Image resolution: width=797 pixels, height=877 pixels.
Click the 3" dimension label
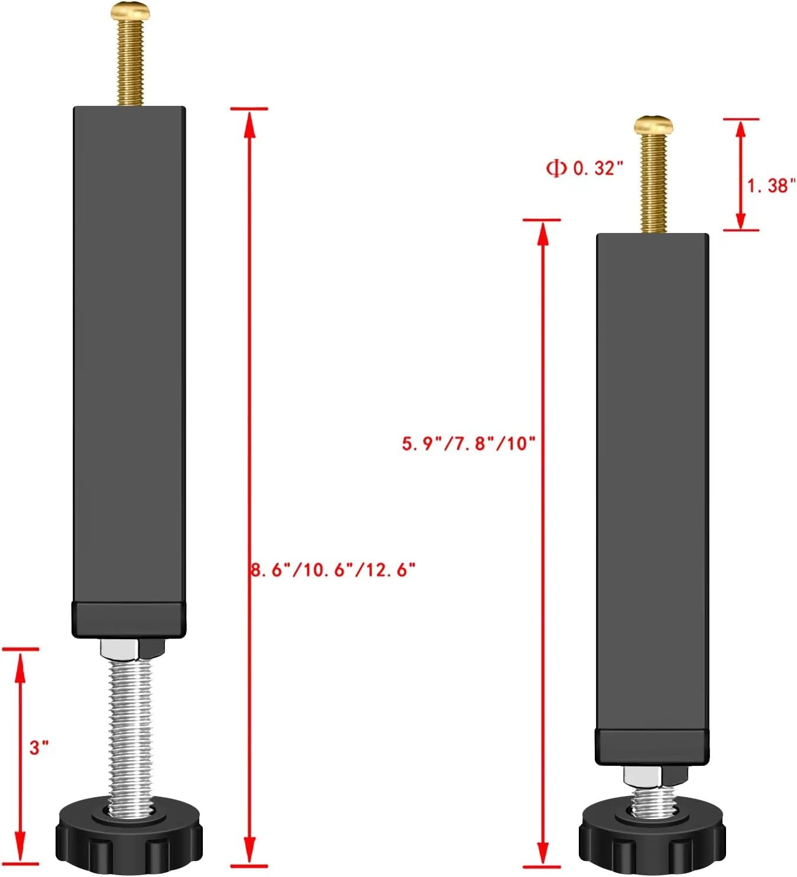click(39, 747)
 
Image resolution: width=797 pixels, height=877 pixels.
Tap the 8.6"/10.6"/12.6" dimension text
click(333, 570)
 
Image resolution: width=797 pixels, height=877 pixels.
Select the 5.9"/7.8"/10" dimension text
click(468, 443)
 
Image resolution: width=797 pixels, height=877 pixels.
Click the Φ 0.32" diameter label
click(584, 168)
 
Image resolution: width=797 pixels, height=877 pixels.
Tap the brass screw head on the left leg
click(130, 10)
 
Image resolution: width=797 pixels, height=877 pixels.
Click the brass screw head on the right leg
click(653, 124)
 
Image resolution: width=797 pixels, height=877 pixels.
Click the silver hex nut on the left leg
click(121, 649)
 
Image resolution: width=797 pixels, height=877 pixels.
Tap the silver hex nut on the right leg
click(644, 776)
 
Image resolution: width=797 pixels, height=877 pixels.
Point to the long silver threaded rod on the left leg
click(131, 727)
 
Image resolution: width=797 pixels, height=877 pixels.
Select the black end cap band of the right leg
click(652, 747)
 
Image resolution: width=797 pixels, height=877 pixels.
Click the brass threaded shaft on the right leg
click(653, 183)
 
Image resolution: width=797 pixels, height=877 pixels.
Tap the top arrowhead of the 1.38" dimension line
click(740, 128)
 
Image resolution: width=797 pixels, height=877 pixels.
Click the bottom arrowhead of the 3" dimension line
click(20, 854)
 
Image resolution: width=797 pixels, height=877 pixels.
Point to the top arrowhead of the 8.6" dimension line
click(250, 118)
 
